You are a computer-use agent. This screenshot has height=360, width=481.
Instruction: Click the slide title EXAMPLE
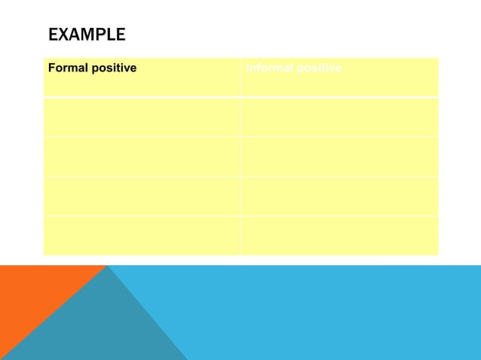87,35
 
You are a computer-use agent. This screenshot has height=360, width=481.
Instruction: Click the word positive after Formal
112,69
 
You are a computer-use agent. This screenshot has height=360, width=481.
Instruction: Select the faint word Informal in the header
268,69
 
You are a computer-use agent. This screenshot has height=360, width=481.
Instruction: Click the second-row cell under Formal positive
142,117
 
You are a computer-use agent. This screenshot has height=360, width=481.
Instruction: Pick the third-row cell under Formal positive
142,157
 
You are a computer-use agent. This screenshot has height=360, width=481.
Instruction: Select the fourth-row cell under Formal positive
142,196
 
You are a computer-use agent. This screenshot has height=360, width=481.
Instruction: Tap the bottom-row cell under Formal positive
142,235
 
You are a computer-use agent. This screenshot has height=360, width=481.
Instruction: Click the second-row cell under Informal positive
339,117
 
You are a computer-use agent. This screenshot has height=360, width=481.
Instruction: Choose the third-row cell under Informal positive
339,157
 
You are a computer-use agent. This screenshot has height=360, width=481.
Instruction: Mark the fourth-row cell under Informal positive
339,196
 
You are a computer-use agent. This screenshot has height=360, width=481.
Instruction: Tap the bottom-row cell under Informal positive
339,235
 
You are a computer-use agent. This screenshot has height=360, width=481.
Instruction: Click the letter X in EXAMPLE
63,35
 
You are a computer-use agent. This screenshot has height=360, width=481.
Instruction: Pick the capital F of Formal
51,69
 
